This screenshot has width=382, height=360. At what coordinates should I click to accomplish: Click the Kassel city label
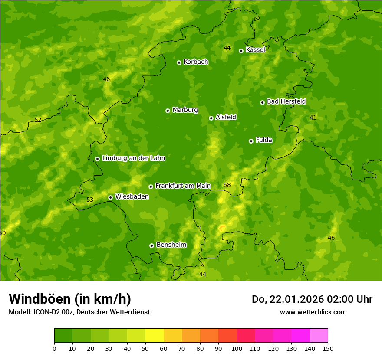pos(255,50)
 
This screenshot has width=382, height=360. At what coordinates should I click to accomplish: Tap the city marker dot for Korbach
pos(179,62)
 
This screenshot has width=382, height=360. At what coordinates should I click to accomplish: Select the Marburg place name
pos(185,110)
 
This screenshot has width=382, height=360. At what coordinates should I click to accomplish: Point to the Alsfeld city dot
pos(211,118)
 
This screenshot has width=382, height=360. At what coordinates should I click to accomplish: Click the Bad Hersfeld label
pos(286,101)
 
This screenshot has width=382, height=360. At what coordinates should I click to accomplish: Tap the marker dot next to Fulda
pos(251,141)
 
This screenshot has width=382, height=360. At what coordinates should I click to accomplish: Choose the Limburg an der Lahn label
pos(133,158)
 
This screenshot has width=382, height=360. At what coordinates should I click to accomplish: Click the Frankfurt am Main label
pos(183,186)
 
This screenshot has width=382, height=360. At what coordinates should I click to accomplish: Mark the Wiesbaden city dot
pos(110,197)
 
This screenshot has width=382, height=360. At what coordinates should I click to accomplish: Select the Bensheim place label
pos(171,245)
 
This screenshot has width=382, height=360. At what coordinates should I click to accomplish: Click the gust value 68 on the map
pos(227,185)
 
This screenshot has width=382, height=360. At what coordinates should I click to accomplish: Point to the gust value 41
pos(313,118)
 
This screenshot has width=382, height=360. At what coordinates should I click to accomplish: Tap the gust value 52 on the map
pos(38,120)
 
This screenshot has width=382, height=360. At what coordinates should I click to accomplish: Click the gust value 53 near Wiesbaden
pos(90,200)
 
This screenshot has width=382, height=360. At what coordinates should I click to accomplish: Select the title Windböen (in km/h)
pos(70,299)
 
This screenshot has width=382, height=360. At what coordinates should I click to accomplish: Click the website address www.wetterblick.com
pos(313,312)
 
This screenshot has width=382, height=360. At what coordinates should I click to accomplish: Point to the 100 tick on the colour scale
pos(237,348)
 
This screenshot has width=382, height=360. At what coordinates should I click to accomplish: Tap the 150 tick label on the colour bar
pos(327,348)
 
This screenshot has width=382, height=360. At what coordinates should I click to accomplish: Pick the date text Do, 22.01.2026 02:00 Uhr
pos(312,299)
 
